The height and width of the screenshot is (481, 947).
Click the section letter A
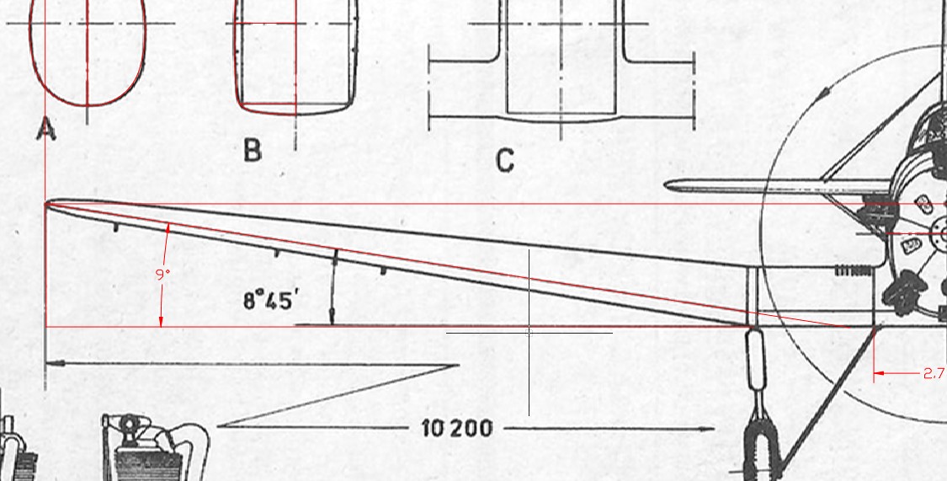point(46,130)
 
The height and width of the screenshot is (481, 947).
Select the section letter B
point(253,150)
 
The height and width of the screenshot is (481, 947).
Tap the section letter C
point(505,162)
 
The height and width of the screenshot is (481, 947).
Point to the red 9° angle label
point(162,275)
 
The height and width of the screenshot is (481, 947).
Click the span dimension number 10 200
point(456,429)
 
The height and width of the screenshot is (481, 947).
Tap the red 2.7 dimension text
point(934,373)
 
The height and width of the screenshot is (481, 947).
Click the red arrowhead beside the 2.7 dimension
point(880,373)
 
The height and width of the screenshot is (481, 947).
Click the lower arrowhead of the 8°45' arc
point(332,317)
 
